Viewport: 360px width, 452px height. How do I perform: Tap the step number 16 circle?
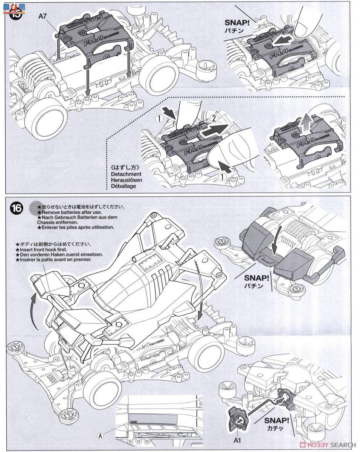tap(17, 208)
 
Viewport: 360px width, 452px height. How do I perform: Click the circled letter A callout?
tap(100, 435)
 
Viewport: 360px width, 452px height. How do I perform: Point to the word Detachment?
tap(126, 174)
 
